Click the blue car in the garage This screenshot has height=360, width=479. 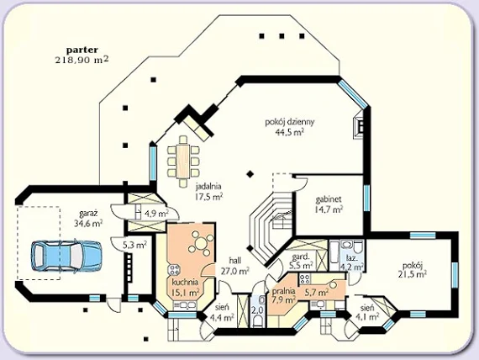(66, 256)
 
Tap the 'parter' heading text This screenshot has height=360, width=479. (82, 50)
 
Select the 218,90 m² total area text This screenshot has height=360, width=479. (82, 60)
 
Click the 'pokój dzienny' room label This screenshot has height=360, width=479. (290, 122)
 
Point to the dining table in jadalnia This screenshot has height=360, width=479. (183, 161)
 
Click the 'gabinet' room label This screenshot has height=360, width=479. (329, 199)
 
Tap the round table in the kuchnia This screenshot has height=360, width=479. (201, 244)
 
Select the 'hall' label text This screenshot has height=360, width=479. (235, 261)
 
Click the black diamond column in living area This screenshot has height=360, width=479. (250, 174)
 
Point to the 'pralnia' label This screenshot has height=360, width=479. (284, 290)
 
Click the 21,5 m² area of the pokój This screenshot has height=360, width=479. (412, 274)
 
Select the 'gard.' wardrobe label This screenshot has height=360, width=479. (301, 257)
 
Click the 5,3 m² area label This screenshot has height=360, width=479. (134, 245)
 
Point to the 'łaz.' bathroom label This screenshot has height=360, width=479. (350, 257)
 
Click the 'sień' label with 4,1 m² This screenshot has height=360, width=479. (366, 308)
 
